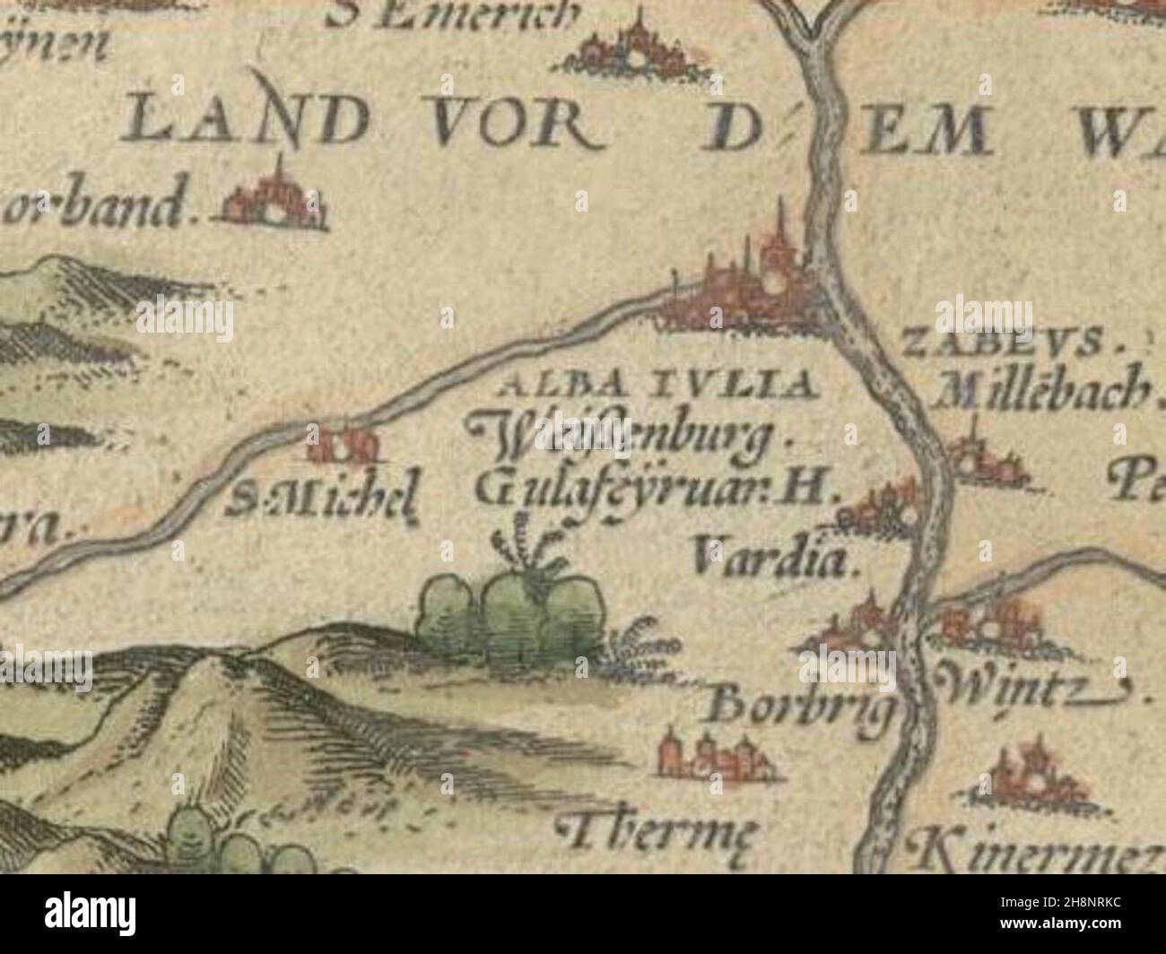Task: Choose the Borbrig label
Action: pos(801,708)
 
